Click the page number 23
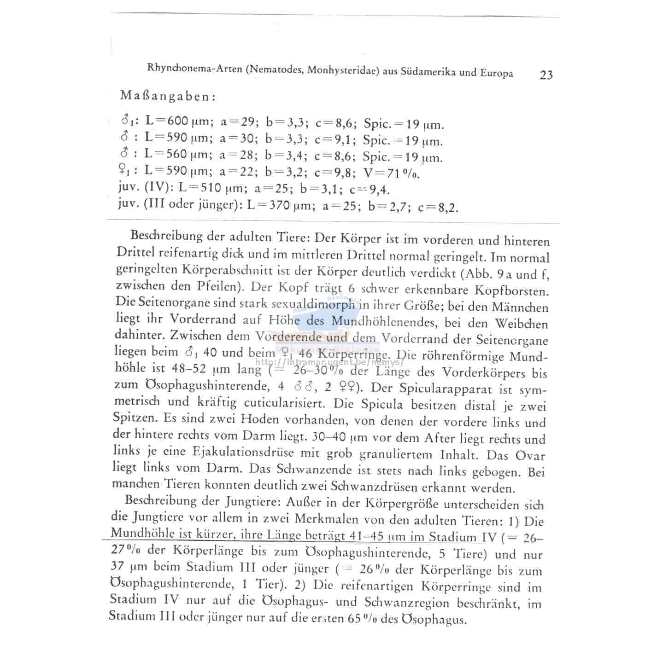pos(546,75)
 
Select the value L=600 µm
pos(179,122)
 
